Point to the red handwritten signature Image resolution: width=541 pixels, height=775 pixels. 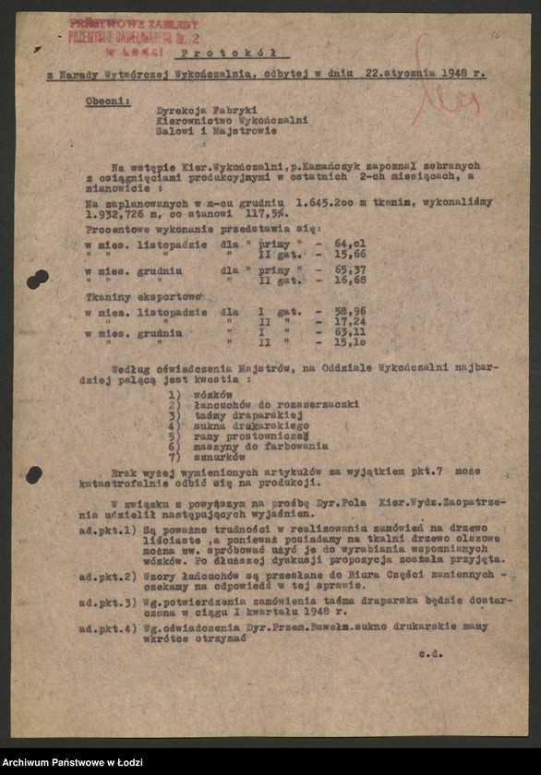(447, 88)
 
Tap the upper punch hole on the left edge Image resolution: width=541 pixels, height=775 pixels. (37, 278)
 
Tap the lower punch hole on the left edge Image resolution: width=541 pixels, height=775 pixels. (34, 474)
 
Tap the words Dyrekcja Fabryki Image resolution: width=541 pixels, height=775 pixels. (200, 108)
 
